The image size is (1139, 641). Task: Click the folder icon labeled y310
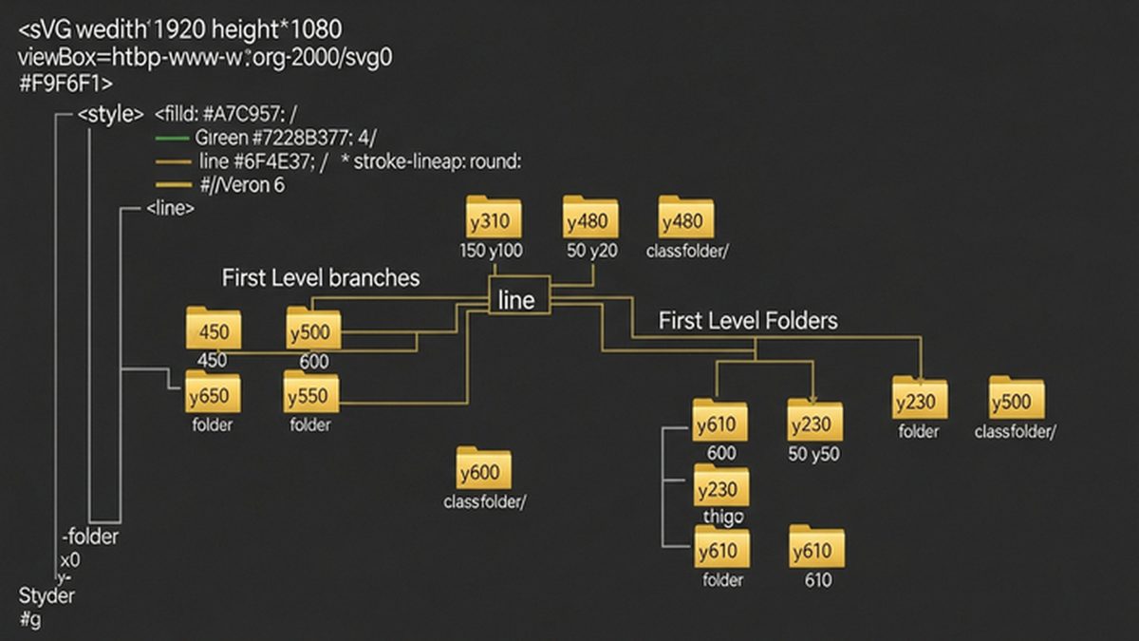coord(494,219)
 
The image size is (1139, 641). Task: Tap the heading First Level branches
coord(321,278)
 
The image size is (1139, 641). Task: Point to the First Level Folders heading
coord(748,321)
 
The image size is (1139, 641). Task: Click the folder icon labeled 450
coord(214,330)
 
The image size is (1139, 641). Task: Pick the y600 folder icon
coord(483,471)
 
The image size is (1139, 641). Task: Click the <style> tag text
coord(110,114)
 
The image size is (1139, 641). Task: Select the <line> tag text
coord(171,208)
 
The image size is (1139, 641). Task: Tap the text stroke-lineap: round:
coord(438,162)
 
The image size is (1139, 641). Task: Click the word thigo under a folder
coord(723,516)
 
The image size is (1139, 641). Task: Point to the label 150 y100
coord(492,251)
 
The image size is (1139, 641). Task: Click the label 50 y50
coord(814,454)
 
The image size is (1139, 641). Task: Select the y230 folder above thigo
coord(721,488)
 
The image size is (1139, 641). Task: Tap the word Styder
coord(47,596)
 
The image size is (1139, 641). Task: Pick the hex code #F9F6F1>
coord(65,83)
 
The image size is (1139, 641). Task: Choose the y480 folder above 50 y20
coord(590,219)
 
